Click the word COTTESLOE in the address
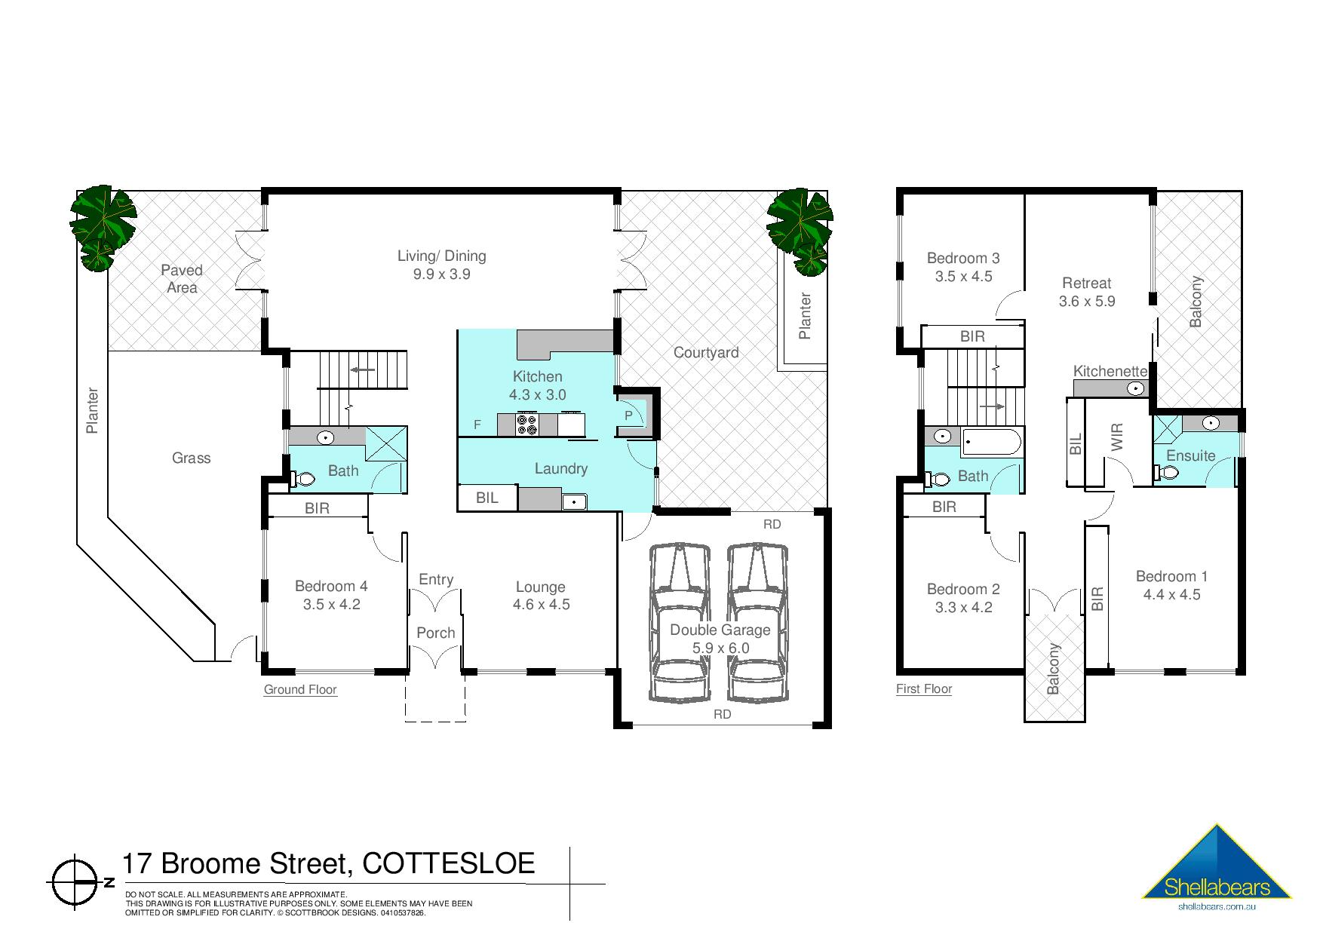coord(449,863)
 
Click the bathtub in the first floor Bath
coord(992,442)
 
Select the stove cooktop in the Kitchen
coord(526,425)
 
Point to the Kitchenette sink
coord(1135,389)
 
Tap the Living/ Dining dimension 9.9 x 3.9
coord(441,274)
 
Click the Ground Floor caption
coord(300,689)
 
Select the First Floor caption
coord(924,688)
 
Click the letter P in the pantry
coord(628,415)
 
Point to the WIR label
coord(1117,437)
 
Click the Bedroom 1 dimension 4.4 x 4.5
coord(1171,594)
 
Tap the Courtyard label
coord(706,352)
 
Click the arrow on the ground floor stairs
coord(364,369)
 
